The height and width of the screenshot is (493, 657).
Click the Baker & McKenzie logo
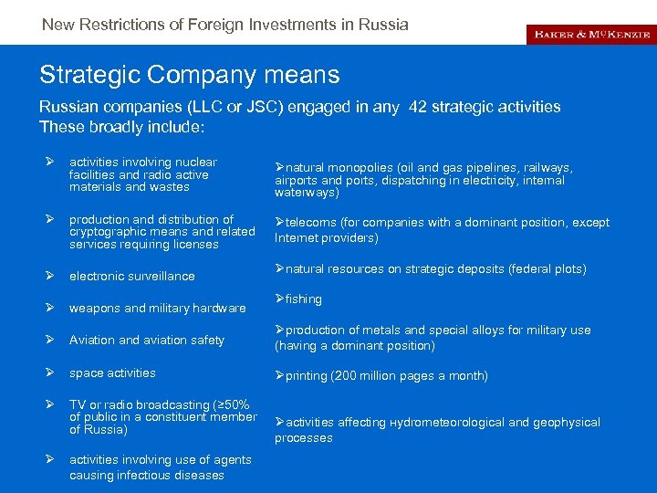tap(591, 34)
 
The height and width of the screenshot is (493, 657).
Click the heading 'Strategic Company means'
tap(190, 74)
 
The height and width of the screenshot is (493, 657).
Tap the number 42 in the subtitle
tap(420, 107)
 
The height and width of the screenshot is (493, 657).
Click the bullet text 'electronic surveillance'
tap(132, 276)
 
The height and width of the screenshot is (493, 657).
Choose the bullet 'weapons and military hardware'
tap(158, 308)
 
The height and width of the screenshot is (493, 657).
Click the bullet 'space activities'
tap(112, 372)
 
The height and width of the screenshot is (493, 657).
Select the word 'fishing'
tap(304, 299)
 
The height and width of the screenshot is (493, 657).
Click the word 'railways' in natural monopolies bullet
tap(547, 168)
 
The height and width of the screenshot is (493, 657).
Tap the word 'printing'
tap(308, 375)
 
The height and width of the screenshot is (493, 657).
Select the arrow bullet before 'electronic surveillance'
tap(52, 276)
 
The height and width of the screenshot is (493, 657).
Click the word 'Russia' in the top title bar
tap(385, 25)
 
